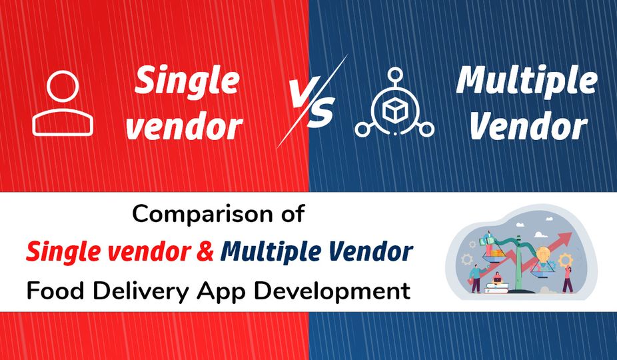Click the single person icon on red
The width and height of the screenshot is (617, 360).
tap(63, 103)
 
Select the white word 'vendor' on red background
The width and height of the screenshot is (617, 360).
tap(184, 126)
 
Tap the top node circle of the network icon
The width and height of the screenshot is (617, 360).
tap(394, 75)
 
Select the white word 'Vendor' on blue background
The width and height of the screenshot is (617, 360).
tap(529, 125)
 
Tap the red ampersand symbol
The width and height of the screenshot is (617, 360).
tap(205, 251)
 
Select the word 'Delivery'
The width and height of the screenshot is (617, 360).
tap(141, 292)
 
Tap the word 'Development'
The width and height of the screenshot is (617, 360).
tap(332, 292)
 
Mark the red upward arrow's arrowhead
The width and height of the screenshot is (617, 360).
tap(564, 238)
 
